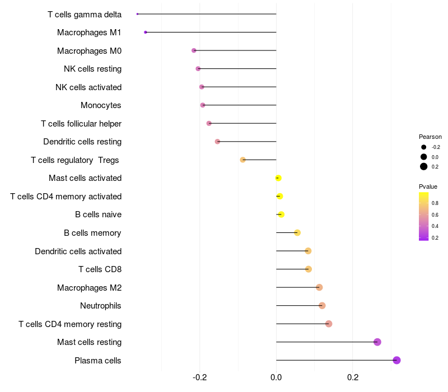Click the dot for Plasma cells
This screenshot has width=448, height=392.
click(396, 360)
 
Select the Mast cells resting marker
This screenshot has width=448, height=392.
click(377, 342)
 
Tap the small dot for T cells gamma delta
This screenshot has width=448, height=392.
click(137, 14)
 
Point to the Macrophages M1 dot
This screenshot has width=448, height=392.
click(146, 32)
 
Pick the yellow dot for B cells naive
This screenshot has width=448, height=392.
click(281, 214)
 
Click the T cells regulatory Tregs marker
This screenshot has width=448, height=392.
click(242, 160)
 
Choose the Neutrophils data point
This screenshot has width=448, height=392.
click(322, 305)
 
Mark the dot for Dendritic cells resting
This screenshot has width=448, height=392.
click(217, 142)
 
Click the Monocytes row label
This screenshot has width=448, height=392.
click(101, 105)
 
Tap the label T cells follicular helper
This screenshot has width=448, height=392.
click(81, 123)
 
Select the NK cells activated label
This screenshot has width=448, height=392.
click(88, 87)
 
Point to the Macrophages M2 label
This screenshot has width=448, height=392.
click(89, 287)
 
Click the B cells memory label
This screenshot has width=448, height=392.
click(92, 233)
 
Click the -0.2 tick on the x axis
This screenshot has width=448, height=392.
click(200, 377)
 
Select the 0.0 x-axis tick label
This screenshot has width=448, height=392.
click(276, 377)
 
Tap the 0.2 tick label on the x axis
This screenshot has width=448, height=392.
click(353, 377)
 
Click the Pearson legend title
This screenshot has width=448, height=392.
click(430, 137)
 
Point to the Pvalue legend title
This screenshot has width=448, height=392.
click(428, 186)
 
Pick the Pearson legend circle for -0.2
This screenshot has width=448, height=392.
click(424, 147)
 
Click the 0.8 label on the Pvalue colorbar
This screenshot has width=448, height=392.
click(435, 203)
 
